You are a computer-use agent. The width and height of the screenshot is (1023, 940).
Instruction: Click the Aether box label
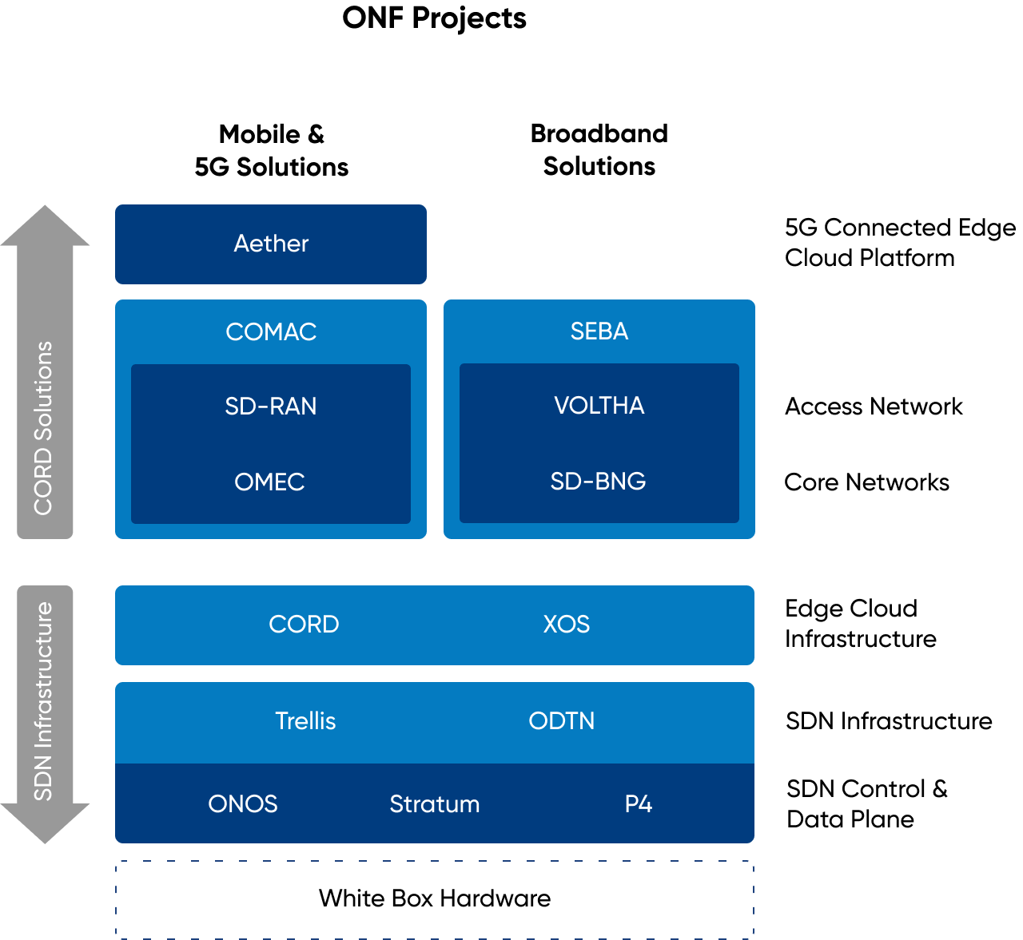pos(271,244)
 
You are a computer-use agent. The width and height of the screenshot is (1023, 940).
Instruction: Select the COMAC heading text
pos(271,331)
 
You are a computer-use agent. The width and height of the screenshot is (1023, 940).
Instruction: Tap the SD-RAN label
pos(271,407)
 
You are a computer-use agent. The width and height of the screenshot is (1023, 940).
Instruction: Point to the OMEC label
pos(269,482)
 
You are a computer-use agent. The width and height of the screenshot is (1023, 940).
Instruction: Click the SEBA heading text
pos(599,331)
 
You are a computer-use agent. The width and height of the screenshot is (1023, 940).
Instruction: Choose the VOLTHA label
pos(599,406)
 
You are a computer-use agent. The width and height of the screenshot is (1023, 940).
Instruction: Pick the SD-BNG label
pos(598,482)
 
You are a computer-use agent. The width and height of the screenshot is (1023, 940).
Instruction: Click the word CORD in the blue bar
pos(304,625)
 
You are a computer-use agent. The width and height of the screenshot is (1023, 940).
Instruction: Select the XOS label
pos(567,625)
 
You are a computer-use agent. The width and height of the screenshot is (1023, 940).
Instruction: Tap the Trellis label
pos(305,721)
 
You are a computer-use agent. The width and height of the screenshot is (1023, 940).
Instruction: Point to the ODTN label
pos(562,721)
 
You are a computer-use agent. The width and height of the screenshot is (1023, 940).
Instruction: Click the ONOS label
pos(243,804)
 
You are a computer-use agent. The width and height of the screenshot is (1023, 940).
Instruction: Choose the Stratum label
pos(435,804)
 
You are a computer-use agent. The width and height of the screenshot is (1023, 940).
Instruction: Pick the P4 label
pos(639,804)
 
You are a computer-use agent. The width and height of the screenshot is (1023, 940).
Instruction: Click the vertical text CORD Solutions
pos(43,428)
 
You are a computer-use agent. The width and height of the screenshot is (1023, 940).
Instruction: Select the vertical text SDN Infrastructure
pos(43,701)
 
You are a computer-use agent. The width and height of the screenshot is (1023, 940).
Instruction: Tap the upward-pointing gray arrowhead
pos(45,226)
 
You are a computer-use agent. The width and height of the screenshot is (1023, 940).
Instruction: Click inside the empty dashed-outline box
pos(435,900)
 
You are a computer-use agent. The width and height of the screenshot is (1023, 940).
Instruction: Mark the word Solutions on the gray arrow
pos(43,391)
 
